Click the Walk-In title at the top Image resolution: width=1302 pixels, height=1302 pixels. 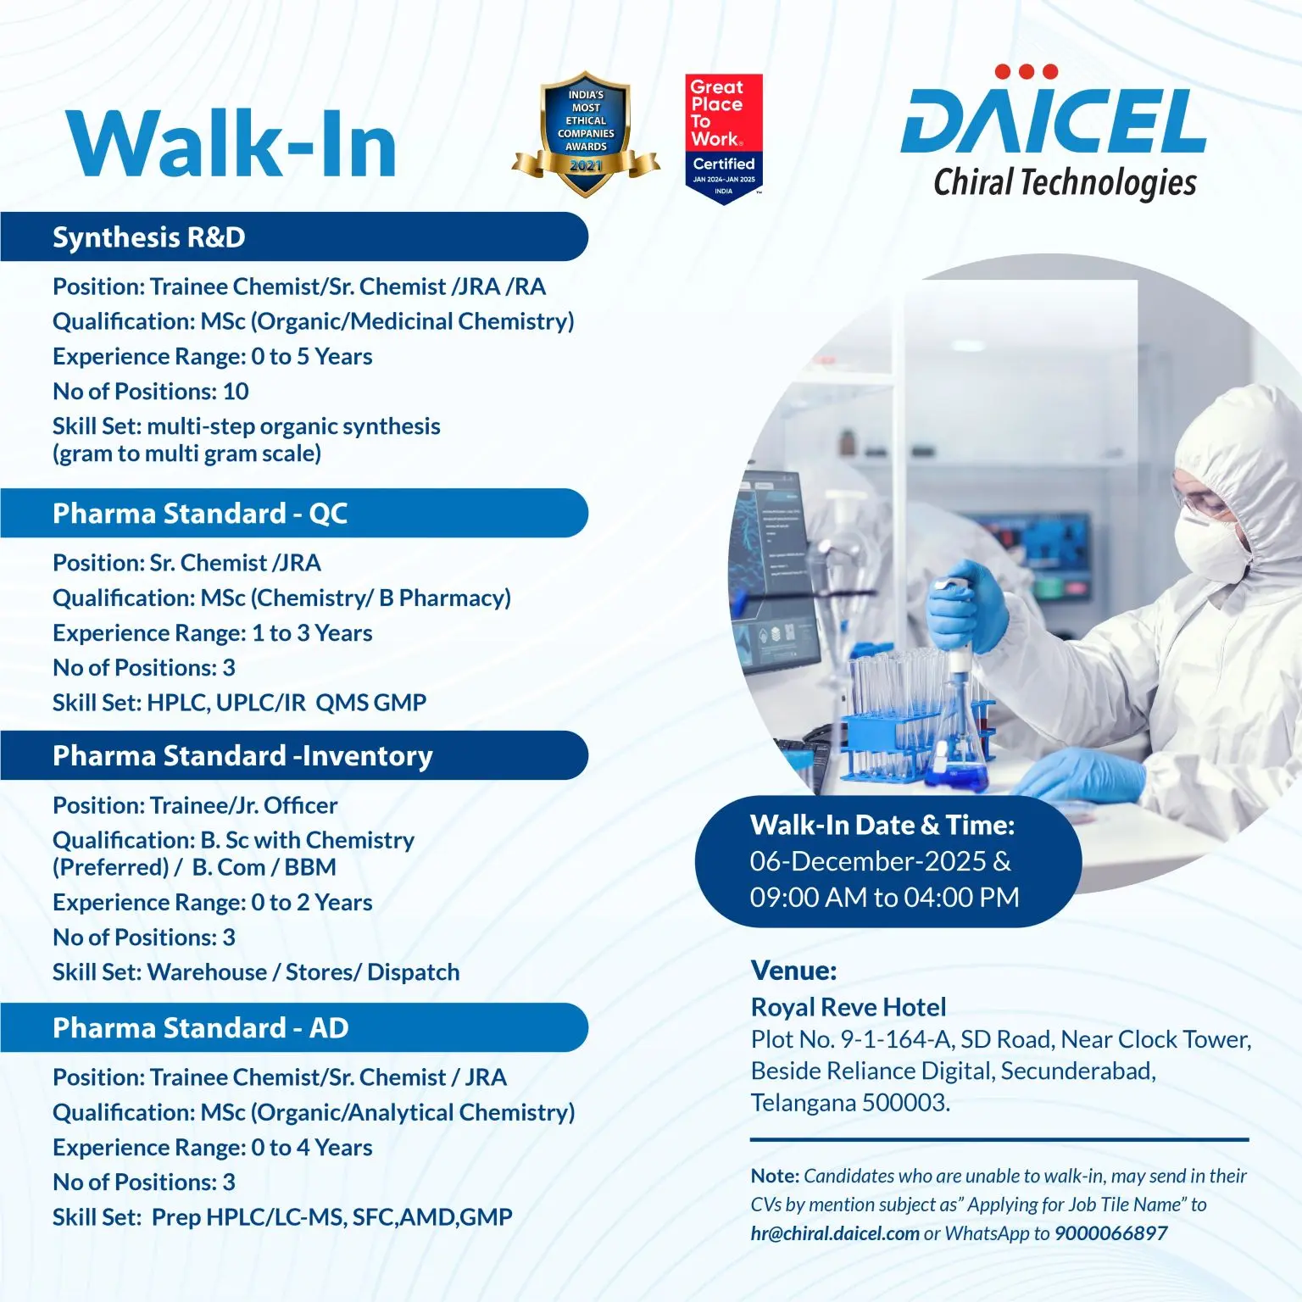[231, 144]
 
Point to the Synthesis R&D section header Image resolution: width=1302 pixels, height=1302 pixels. [149, 237]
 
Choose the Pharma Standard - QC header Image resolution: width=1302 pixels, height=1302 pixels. [200, 514]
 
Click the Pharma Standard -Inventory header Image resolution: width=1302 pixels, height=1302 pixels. [242, 756]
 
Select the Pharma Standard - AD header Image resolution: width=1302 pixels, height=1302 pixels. [200, 1028]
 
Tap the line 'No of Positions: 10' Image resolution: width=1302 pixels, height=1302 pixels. [151, 392]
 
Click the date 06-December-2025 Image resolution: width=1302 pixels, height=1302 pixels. [868, 861]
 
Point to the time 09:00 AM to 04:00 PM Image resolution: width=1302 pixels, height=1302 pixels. [884, 897]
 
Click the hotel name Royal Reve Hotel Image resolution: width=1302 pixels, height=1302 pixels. [849, 1007]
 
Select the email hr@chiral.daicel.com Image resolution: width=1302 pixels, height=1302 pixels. [835, 1233]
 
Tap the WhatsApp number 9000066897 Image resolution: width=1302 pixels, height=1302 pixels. [1110, 1233]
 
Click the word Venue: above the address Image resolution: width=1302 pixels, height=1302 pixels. [793, 970]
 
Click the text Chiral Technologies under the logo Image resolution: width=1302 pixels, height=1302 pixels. [1065, 182]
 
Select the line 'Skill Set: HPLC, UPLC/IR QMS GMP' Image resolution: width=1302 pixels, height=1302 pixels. [239, 703]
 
